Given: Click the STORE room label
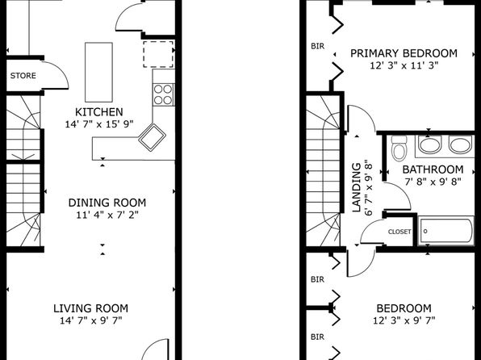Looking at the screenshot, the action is [x=23, y=76].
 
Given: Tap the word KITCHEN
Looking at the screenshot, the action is [x=99, y=112].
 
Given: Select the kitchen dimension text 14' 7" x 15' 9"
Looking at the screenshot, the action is [x=99, y=124].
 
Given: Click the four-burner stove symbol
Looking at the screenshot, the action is [x=164, y=94].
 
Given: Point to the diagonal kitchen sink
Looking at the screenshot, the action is [x=152, y=137].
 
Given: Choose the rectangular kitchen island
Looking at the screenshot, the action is [x=98, y=72].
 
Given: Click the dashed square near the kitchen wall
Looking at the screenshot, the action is [x=158, y=54].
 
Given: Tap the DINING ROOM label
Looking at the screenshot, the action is [x=107, y=203].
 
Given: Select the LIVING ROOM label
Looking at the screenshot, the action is [x=91, y=308].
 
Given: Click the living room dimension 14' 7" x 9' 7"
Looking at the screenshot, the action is [x=91, y=320].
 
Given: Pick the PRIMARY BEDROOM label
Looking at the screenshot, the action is [x=404, y=53].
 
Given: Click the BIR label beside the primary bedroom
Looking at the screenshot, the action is [x=317, y=46].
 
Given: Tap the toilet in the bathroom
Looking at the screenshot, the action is [x=399, y=149].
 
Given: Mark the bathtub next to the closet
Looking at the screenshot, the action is [x=446, y=231].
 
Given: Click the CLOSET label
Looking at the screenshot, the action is [x=399, y=232].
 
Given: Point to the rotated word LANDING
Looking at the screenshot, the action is [x=356, y=187].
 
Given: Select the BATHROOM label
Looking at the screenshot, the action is [x=433, y=170].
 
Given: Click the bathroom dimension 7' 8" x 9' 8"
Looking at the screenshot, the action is [x=433, y=182].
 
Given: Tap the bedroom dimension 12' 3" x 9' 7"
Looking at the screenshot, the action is [x=404, y=320].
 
